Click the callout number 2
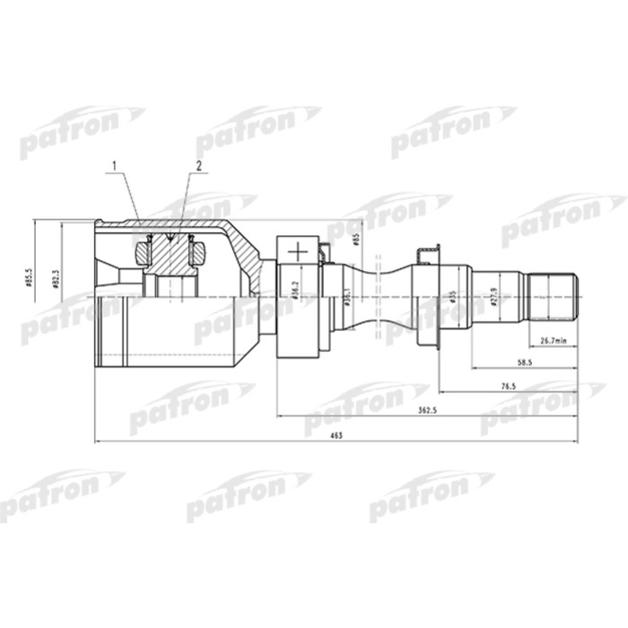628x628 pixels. (198, 166)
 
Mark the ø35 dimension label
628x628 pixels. (455, 296)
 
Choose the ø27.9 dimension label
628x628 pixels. (494, 296)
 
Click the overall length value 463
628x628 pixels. (336, 434)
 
